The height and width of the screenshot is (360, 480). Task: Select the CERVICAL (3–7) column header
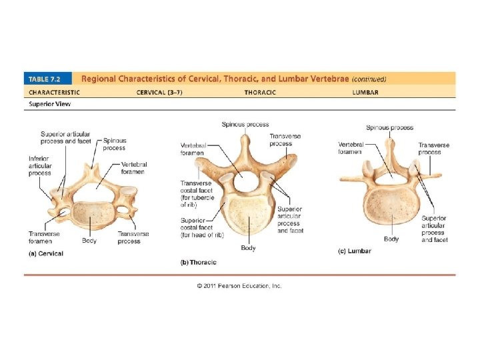point(160,92)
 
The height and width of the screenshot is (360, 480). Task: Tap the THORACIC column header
point(260,92)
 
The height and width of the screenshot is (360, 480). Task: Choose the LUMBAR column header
point(365,92)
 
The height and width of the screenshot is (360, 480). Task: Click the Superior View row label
point(49,103)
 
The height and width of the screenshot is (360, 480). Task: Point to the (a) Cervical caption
point(46,253)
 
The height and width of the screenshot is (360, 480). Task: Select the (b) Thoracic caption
point(199,262)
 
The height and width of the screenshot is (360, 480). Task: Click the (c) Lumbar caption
point(354,251)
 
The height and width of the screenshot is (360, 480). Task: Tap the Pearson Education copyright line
point(239,285)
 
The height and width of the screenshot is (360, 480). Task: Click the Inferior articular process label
point(40,166)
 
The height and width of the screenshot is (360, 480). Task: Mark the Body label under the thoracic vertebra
point(248,248)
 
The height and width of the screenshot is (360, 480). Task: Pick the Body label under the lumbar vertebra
point(391,239)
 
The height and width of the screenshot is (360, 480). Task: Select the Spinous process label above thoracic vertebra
point(245,125)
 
